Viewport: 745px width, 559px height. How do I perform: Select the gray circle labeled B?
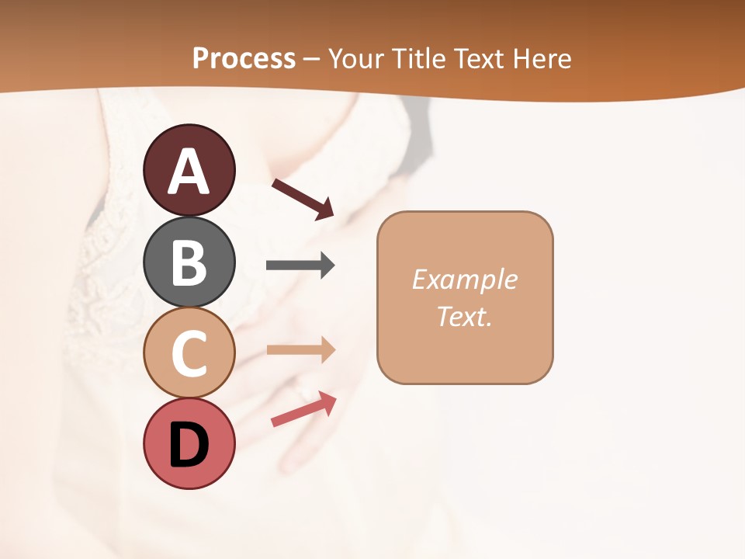coord(189,262)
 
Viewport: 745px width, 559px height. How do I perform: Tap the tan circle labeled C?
coord(189,353)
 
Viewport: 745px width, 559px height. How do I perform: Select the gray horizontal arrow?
coord(300,266)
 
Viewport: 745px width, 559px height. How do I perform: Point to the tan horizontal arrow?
coord(300,349)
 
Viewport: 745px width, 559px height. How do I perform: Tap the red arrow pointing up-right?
coord(303,409)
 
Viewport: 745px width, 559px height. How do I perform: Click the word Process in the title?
coord(244,59)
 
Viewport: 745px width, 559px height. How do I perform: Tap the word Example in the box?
coord(464,279)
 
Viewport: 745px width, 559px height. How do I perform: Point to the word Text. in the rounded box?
coord(464,316)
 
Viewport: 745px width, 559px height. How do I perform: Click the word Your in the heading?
coord(355,59)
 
